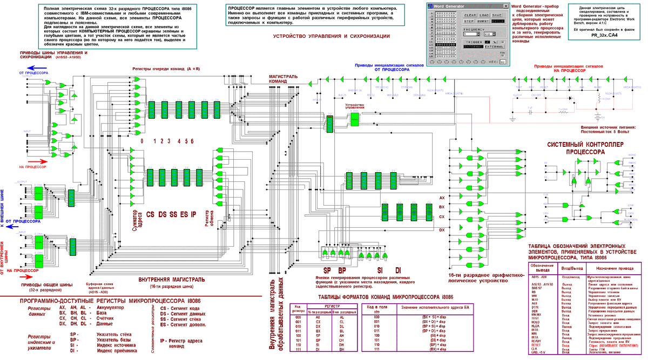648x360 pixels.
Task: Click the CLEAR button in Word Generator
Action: coord(470,15)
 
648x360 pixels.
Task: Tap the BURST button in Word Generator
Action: coord(483,21)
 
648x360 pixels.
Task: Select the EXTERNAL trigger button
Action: coord(495,46)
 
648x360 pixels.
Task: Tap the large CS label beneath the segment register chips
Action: coord(150,214)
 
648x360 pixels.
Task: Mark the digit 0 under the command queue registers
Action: coord(141,141)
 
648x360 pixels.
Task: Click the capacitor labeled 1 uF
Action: coord(529,110)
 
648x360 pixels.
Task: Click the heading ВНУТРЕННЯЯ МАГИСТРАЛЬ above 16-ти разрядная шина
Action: coord(171,280)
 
